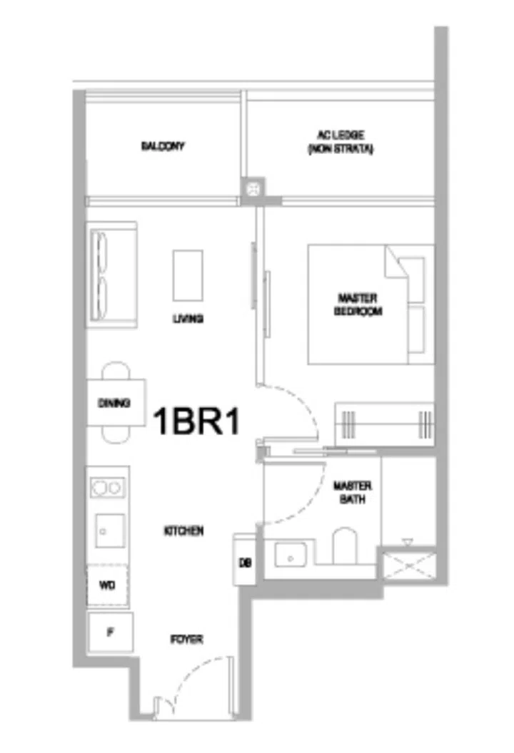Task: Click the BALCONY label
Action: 162,146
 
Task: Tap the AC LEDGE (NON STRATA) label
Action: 341,142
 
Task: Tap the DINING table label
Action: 114,403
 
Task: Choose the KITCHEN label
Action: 183,531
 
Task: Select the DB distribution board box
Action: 243,560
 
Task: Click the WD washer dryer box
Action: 107,585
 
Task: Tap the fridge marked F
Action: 109,632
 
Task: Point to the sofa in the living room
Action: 111,274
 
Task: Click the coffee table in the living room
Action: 188,275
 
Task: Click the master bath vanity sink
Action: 291,553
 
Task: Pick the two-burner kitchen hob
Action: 108,487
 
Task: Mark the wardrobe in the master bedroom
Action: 384,423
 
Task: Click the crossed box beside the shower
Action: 408,563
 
